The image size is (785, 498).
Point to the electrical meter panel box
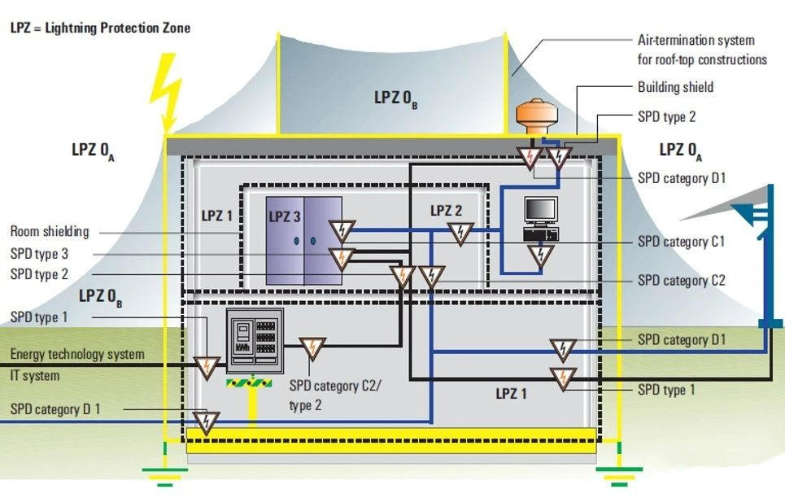254,342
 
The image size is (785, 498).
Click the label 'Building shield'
675,87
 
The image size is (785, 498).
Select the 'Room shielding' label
50,232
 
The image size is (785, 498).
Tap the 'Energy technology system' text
77,355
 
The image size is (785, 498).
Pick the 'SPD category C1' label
681,242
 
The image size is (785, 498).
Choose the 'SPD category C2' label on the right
681,281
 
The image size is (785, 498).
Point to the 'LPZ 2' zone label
447,211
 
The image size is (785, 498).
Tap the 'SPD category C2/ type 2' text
335,391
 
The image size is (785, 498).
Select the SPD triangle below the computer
539,256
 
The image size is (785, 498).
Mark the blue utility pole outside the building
765,269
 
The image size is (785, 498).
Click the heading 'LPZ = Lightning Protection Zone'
100,28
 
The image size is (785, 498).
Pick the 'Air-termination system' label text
696,40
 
